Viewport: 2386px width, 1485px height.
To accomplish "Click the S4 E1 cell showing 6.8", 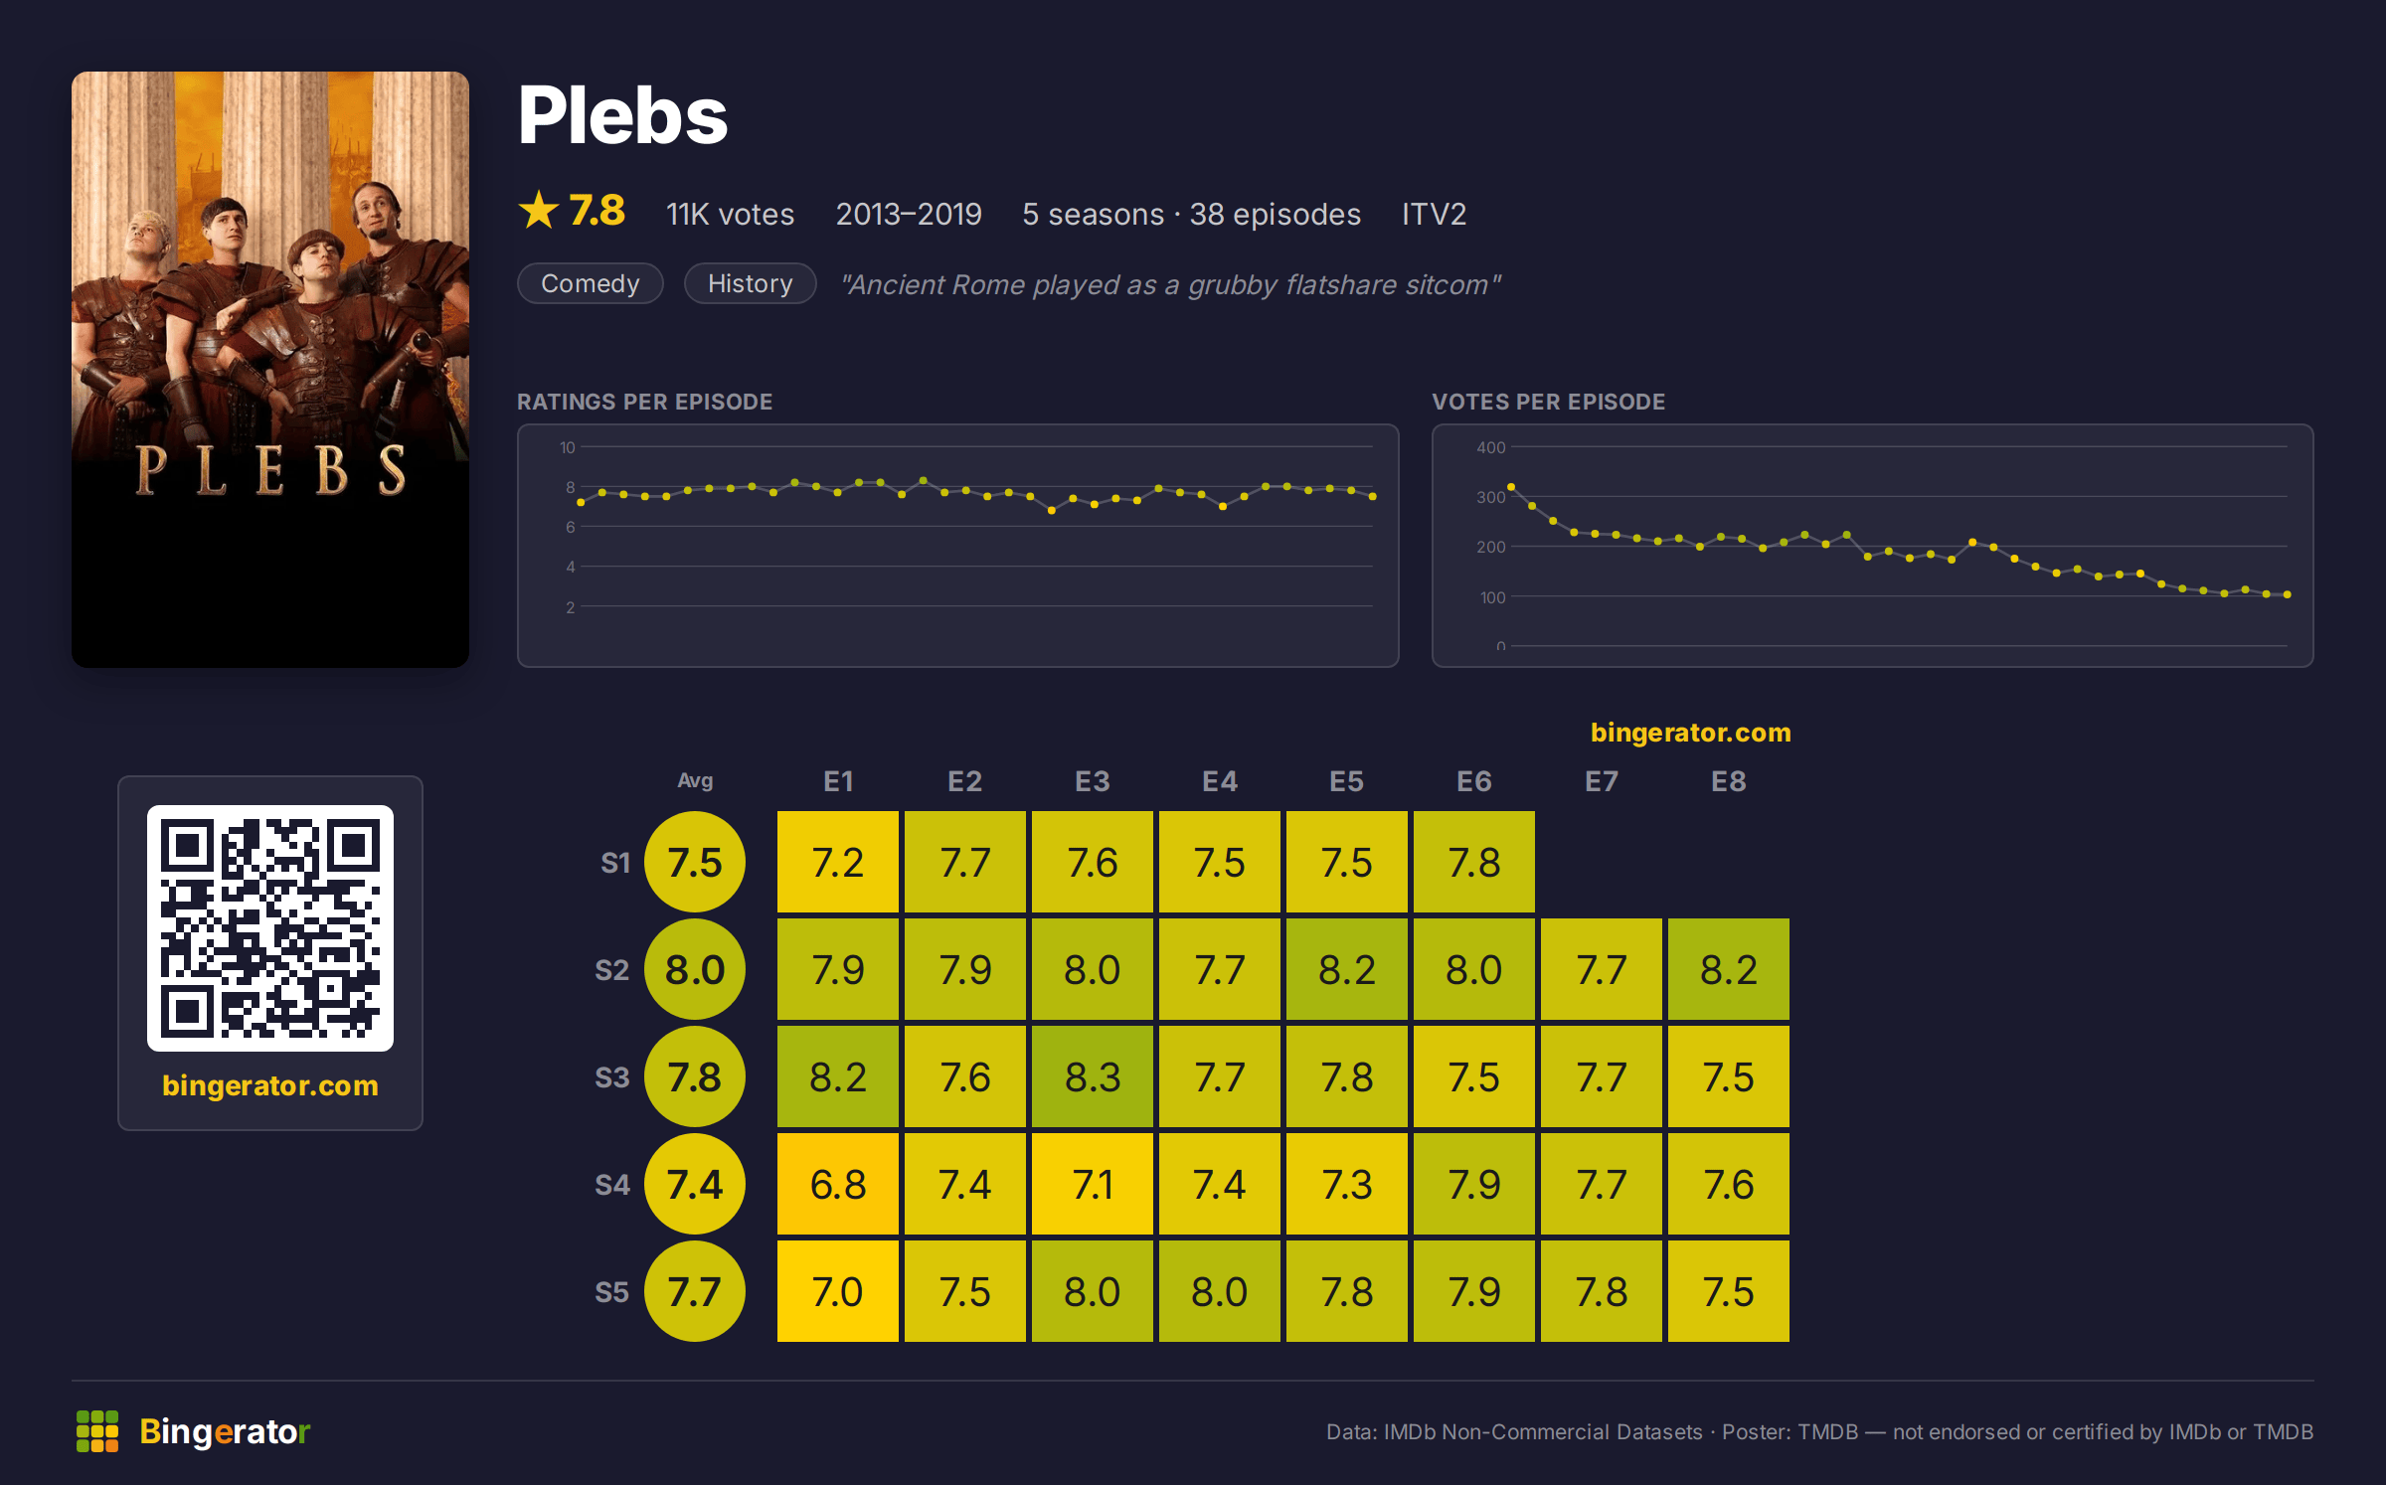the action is coord(837,1184).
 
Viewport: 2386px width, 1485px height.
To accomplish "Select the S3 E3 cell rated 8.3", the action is coord(1092,1076).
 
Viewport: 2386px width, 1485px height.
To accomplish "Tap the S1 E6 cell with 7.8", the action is coord(1473,862).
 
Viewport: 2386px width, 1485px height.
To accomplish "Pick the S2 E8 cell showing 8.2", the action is coord(1728,969).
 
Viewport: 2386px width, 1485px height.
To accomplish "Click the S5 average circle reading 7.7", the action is coord(695,1291).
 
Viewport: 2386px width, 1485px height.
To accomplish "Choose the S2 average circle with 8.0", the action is coord(695,969).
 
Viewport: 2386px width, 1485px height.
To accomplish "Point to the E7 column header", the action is coord(1601,781).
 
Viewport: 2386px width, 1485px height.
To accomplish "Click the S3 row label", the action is coord(612,1077).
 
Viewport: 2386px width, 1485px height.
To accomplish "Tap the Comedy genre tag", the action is coord(591,283).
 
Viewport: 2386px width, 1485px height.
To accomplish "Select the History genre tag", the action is coord(751,283).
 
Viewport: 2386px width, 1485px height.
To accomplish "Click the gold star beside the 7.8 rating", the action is coord(539,210).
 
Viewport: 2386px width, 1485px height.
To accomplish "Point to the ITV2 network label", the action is coord(1434,214).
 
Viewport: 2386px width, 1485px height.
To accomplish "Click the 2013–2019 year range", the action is coord(909,214).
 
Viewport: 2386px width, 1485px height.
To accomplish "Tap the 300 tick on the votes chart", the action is coord(1490,497).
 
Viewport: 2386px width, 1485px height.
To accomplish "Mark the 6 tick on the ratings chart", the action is coord(571,527).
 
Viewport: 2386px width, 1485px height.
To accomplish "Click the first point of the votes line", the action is coord(1511,487).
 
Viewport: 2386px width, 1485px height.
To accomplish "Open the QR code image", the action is coord(270,927).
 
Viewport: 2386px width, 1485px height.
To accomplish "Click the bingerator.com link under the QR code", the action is coord(270,1084).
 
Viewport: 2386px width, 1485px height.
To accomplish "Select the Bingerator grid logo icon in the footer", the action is coord(97,1431).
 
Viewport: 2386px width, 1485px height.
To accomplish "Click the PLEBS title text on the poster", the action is coord(270,470).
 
